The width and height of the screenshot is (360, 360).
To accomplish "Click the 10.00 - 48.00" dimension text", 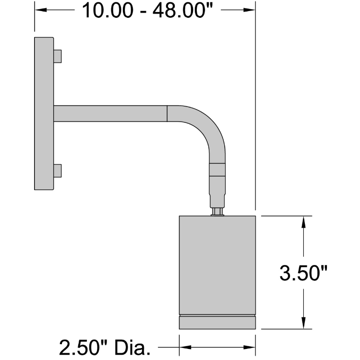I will (x=147, y=10).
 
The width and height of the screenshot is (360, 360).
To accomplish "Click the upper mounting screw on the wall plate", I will (x=58, y=56).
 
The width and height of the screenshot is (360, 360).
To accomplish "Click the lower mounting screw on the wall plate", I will (x=58, y=170).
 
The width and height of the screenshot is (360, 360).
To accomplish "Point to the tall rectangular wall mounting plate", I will (x=44, y=113).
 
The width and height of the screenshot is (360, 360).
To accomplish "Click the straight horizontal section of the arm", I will (x=110, y=113).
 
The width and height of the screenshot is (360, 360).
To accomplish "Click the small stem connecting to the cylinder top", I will (x=217, y=211).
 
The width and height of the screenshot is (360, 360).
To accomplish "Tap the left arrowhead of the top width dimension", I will (x=38, y=10).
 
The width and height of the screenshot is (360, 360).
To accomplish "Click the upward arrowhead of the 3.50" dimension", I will (x=303, y=221).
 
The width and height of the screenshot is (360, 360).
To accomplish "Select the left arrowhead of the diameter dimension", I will (x=183, y=346).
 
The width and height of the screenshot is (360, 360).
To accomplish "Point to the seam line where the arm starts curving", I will (x=167, y=113).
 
